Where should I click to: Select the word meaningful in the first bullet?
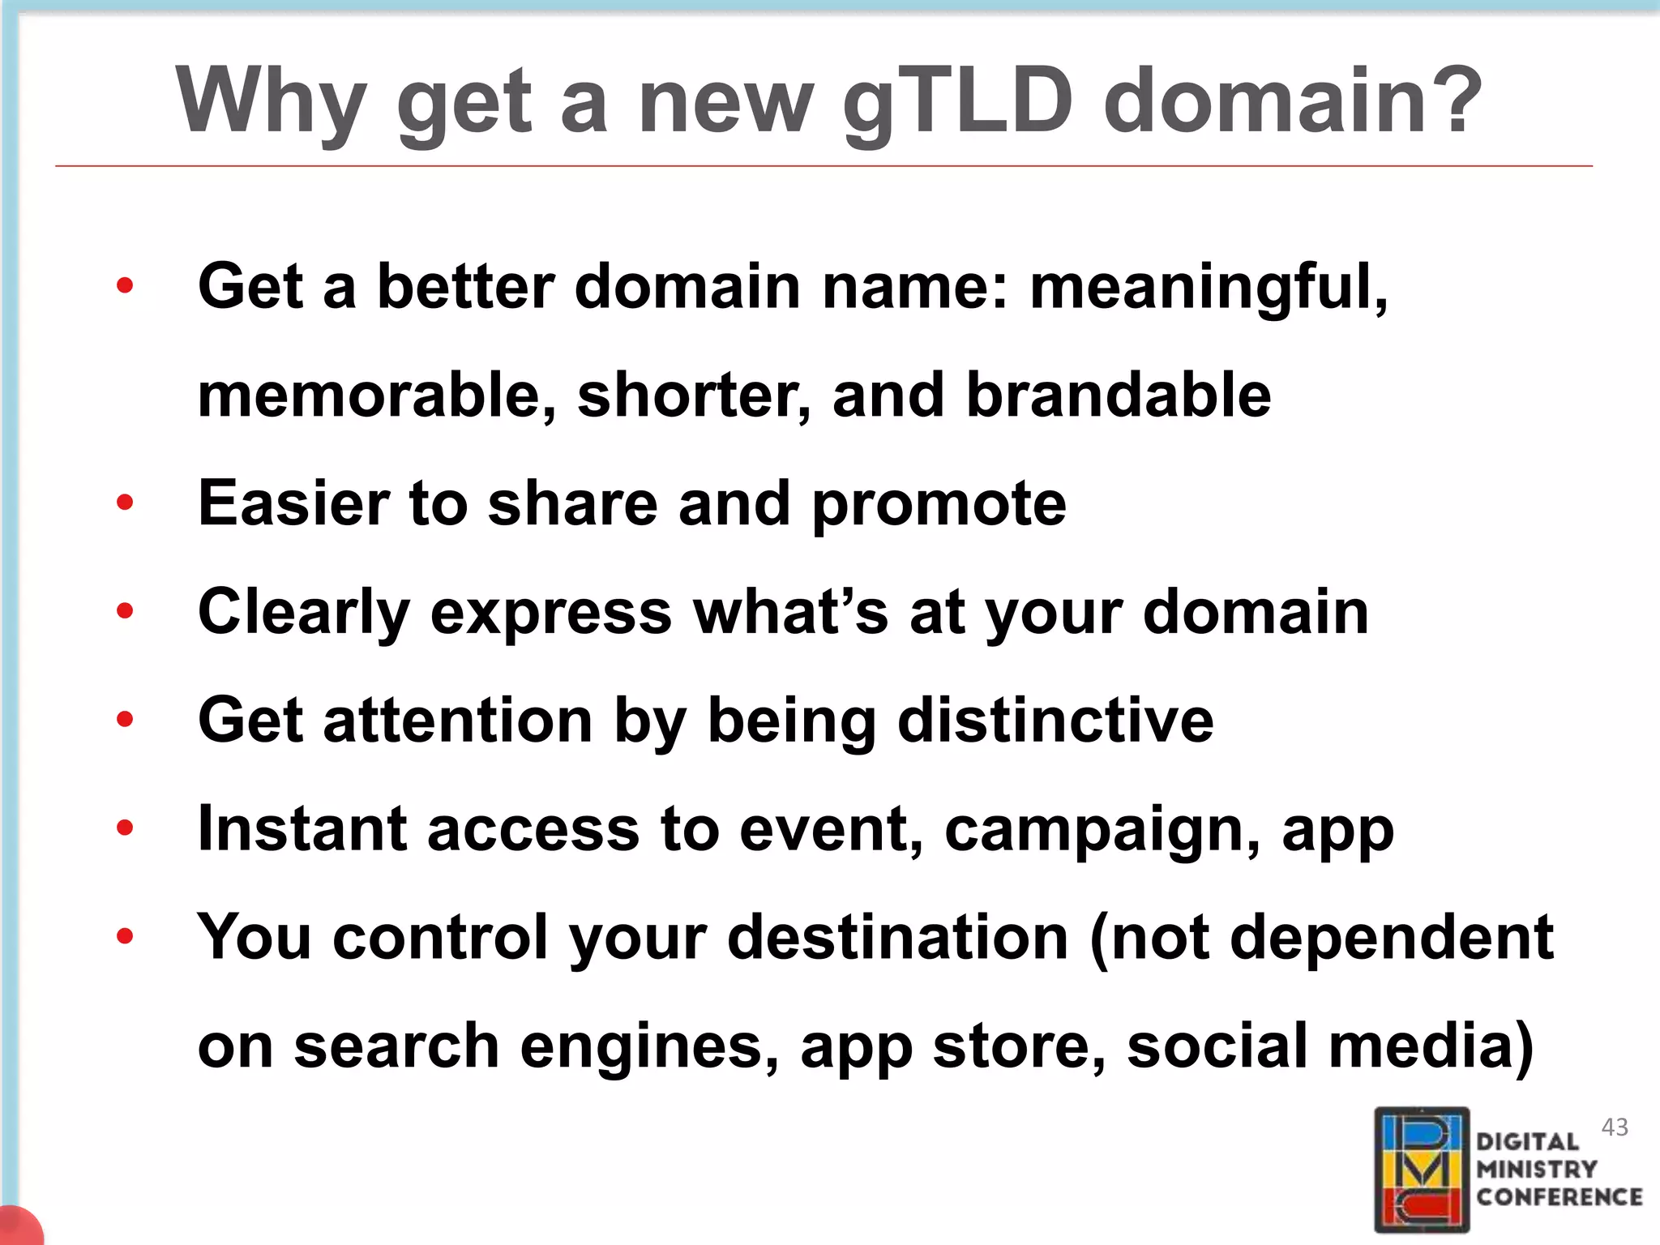point(1208,287)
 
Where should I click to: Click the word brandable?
point(1119,396)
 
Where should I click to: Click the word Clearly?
point(303,613)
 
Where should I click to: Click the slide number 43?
point(1615,1127)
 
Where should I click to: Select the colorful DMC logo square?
point(1422,1170)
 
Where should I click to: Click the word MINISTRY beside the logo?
point(1536,1170)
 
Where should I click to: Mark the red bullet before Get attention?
point(125,719)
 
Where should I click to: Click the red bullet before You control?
point(125,936)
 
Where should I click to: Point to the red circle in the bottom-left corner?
point(18,1226)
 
